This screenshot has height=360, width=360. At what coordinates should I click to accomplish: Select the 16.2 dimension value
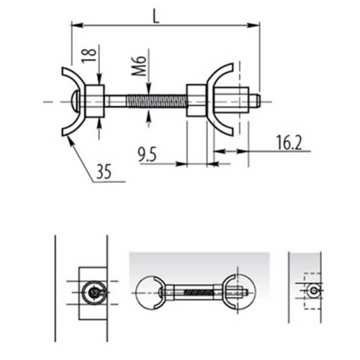pyautogui.click(x=287, y=143)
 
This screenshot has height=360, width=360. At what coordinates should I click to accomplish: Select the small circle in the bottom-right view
pyautogui.click(x=314, y=289)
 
